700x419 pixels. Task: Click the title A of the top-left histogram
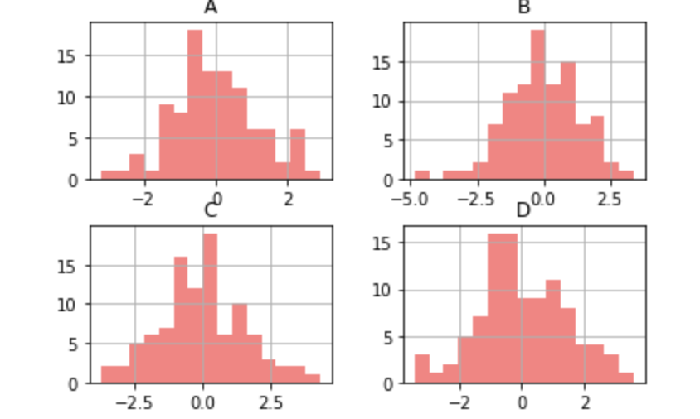(211, 7)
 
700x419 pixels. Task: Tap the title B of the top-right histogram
(523, 7)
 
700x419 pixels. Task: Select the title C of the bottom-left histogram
(211, 210)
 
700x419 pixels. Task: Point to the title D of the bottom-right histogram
(523, 210)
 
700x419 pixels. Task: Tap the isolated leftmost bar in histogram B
(421, 175)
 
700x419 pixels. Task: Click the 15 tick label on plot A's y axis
(73, 56)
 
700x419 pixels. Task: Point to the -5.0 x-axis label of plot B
(408, 198)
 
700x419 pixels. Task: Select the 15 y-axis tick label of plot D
(385, 243)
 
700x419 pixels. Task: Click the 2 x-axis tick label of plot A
(288, 198)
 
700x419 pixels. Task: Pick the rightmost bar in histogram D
(626, 378)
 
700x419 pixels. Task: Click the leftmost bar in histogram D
(421, 369)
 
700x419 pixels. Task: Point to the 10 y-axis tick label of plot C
(73, 305)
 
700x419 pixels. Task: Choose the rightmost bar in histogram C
(312, 379)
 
